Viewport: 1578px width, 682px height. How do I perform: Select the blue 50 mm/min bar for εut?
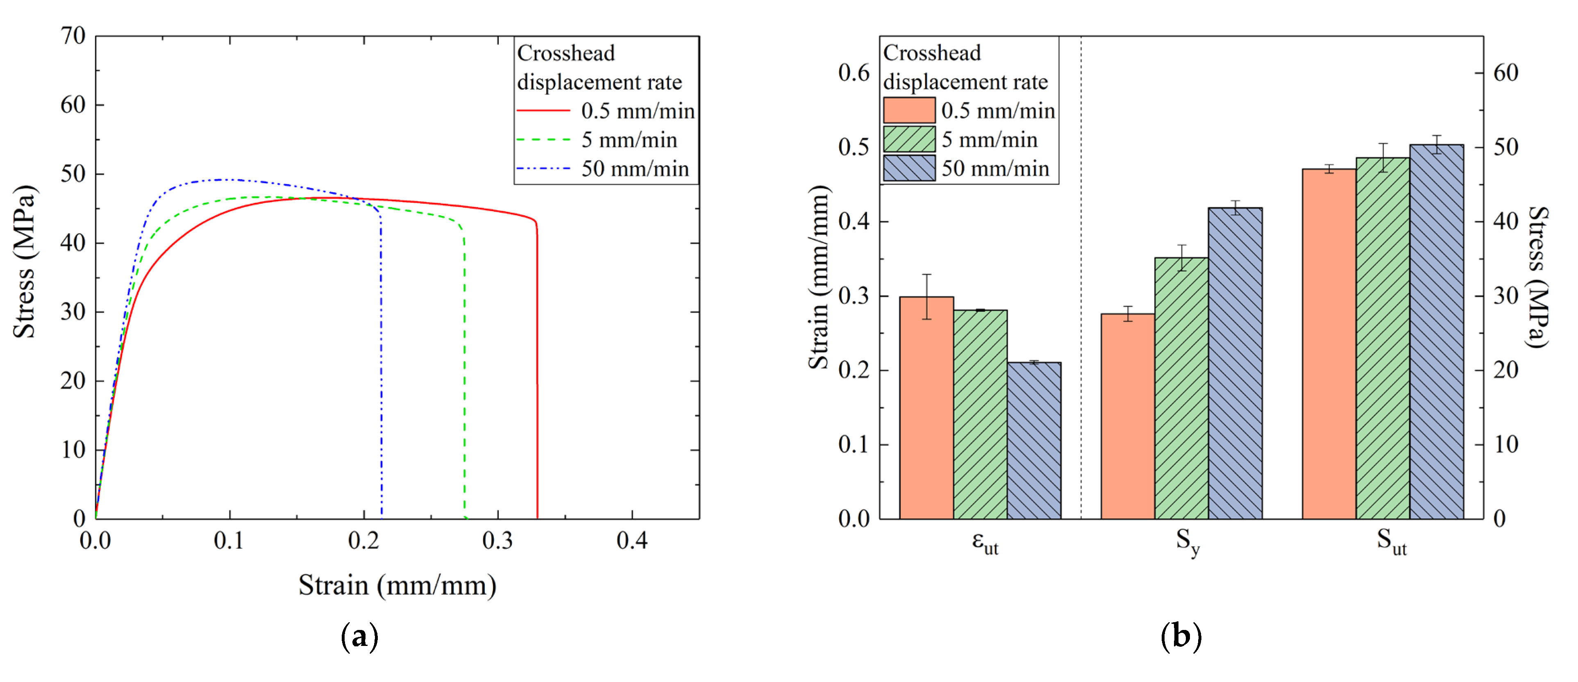(x=1034, y=441)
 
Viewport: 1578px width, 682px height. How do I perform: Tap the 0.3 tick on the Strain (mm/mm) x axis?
(x=497, y=541)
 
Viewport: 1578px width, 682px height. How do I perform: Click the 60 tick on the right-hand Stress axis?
(x=1505, y=73)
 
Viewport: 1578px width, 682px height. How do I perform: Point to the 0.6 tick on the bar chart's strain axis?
(x=853, y=73)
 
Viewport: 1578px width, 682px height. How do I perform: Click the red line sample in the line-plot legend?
(x=543, y=111)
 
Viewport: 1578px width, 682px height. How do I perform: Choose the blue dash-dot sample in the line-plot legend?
(x=543, y=168)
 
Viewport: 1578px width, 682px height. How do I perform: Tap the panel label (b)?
(x=1181, y=637)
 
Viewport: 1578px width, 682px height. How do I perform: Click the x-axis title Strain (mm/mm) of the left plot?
(x=397, y=586)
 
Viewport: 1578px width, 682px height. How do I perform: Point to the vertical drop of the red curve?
(x=537, y=368)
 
